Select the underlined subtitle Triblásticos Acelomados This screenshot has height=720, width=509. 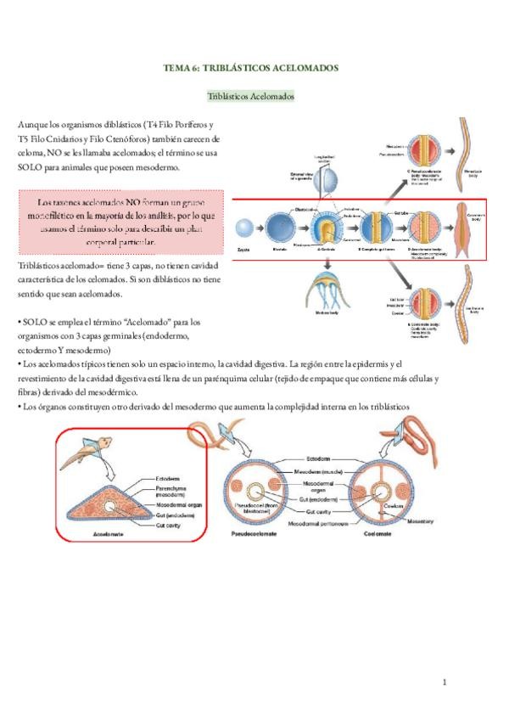(251, 97)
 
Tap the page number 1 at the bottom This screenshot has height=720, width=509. (444, 682)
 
